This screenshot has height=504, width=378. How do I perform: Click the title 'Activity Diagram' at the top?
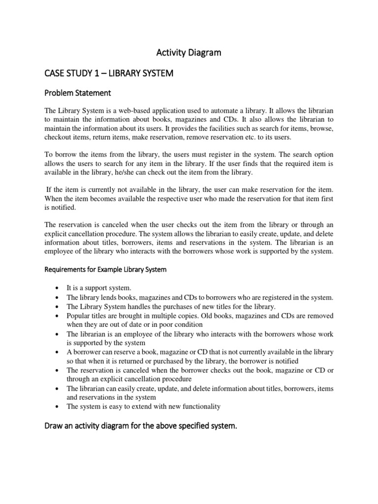coord(189,53)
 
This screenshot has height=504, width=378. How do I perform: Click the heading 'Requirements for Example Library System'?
coord(106,269)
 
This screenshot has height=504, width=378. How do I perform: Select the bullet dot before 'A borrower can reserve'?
coord(58,352)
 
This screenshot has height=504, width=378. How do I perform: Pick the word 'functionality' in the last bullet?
coord(200,406)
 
